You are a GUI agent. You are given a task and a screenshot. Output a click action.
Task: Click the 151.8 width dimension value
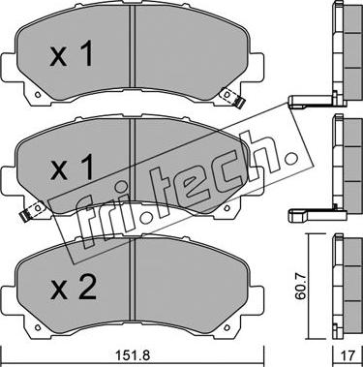[133, 356]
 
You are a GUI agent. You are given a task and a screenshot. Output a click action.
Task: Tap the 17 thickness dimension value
[348, 356]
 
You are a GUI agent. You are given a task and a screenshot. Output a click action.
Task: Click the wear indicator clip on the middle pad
[31, 212]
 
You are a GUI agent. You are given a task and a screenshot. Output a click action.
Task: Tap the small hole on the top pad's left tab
[38, 95]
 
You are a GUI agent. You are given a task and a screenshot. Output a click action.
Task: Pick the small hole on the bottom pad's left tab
[38, 328]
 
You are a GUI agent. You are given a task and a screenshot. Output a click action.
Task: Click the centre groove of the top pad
[132, 46]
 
